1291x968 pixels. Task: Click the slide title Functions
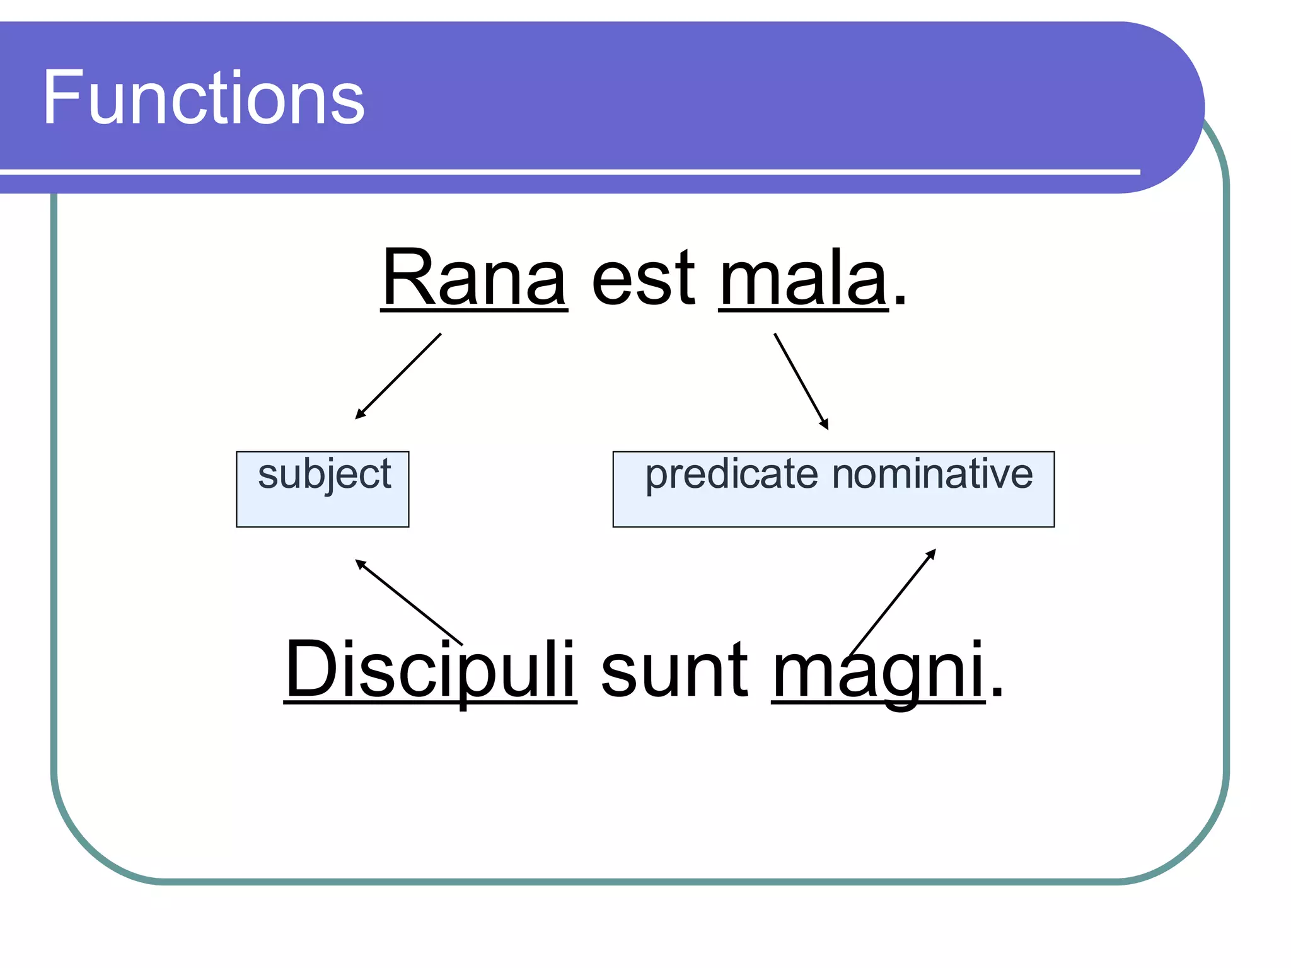203,98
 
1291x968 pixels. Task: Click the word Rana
474,277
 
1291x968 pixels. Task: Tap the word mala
803,277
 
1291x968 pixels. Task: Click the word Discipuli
430,669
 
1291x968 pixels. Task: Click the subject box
322,489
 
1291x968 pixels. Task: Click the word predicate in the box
731,475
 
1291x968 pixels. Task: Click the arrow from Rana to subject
398,376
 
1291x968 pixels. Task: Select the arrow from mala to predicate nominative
801,381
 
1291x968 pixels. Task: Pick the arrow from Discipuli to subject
408,602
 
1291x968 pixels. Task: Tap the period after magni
996,693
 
